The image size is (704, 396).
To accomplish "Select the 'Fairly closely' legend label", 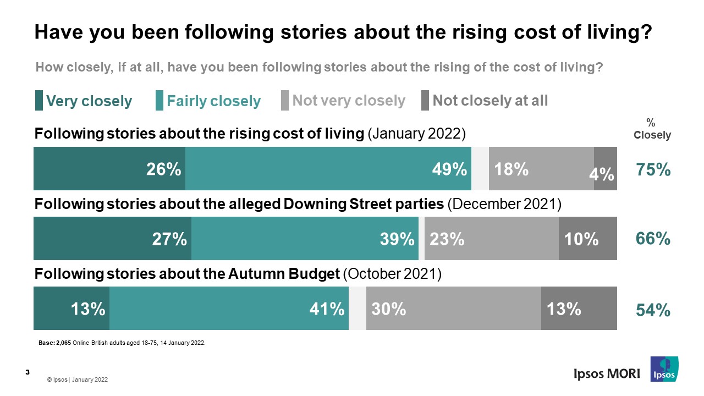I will point(213,101).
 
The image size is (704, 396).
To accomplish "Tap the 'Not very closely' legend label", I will point(349,101).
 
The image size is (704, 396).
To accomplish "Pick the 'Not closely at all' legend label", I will point(490,101).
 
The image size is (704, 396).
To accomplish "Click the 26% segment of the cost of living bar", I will point(109,169).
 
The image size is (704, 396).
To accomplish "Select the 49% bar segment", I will point(328,169).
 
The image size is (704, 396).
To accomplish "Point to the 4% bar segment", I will point(605,169).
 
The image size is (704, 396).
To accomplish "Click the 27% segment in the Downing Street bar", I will point(112,238).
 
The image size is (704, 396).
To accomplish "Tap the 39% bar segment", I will point(305,238).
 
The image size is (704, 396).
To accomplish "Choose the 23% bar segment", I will point(491,238).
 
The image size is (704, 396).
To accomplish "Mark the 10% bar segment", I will point(587,238).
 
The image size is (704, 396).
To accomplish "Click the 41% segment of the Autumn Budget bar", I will point(229,309).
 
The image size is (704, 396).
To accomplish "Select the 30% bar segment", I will point(453,309).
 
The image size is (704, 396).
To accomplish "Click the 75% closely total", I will point(653,170).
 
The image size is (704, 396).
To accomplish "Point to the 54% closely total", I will point(653,310).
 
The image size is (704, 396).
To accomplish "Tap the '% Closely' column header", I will point(652,129).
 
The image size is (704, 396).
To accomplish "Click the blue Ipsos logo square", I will point(664,369).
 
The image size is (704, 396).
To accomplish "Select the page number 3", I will point(28,372).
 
